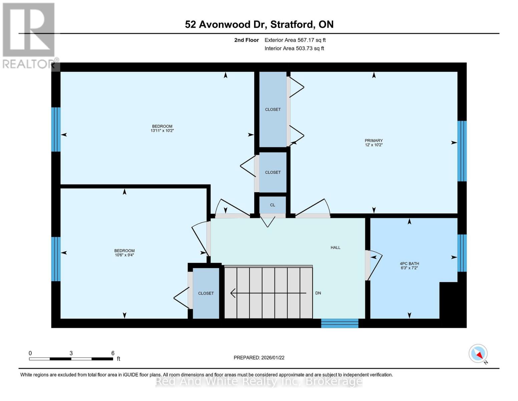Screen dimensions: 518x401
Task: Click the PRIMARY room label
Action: [374, 140]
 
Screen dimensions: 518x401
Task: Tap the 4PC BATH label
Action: [409, 264]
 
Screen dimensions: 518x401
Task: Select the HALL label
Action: [336, 248]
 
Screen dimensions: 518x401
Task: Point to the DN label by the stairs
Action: [318, 293]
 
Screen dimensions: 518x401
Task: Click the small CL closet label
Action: [273, 205]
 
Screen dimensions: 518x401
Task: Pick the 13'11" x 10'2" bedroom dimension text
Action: [162, 131]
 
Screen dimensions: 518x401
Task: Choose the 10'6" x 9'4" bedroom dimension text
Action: [124, 255]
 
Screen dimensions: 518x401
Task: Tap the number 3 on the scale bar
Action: [71, 353]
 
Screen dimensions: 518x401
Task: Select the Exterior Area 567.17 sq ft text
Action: [295, 40]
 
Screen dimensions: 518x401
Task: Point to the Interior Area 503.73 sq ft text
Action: [294, 48]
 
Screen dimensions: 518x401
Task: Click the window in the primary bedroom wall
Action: [462, 151]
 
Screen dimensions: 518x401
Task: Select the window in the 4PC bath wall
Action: [462, 253]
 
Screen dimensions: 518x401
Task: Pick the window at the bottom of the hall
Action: [340, 323]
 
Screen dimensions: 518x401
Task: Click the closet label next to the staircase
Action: [206, 293]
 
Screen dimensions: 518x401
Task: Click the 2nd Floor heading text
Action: [246, 40]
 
